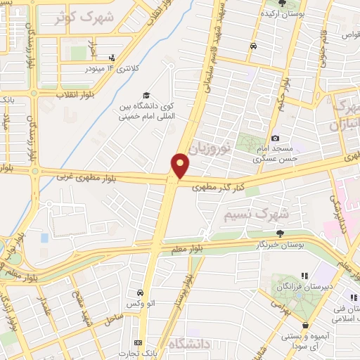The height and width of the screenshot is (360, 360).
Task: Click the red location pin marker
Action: coord(180,165)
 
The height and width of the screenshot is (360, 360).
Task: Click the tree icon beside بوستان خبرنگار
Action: coord(281,233)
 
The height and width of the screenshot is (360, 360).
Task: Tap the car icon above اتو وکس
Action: coord(140,292)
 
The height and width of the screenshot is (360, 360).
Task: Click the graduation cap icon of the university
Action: coord(146,95)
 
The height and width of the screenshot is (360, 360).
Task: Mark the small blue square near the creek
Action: coord(45,238)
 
